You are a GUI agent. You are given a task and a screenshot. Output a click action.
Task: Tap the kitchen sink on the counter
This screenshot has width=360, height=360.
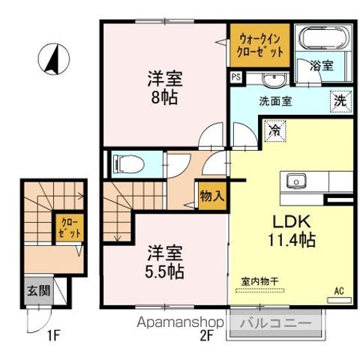tap(294, 180)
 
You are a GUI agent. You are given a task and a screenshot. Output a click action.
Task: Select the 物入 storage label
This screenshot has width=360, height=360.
tap(211, 196)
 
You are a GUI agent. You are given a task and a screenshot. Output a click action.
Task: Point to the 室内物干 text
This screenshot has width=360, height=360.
tap(260, 281)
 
